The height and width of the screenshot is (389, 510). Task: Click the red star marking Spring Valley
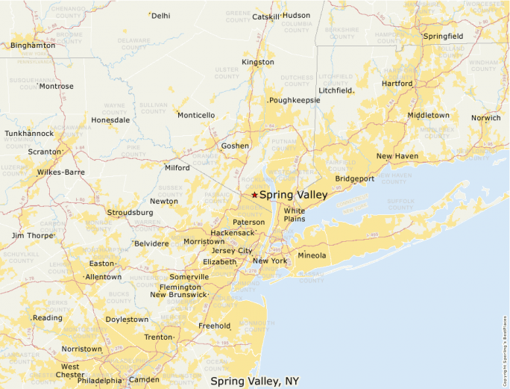(254, 195)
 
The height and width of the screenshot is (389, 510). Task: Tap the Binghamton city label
(33, 46)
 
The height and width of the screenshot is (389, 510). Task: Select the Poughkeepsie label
(295, 100)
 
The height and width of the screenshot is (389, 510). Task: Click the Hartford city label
(397, 84)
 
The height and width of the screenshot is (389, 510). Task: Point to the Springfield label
(443, 36)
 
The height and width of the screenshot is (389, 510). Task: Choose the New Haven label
(397, 156)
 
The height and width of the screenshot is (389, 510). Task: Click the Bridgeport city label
(355, 179)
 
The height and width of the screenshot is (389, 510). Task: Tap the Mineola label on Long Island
(312, 256)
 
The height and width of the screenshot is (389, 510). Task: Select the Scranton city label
(45, 152)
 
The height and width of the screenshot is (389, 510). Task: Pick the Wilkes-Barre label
(61, 172)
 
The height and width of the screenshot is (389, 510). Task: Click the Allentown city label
(104, 277)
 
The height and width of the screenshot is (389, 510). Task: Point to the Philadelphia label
(99, 380)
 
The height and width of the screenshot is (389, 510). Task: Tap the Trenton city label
(158, 337)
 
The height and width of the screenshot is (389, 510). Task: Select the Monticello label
(197, 115)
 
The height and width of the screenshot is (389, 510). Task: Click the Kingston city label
(258, 62)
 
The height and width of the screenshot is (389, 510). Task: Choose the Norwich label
(485, 118)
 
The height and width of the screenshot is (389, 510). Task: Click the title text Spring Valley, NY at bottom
(254, 381)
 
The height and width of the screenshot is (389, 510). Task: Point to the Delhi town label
(160, 15)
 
